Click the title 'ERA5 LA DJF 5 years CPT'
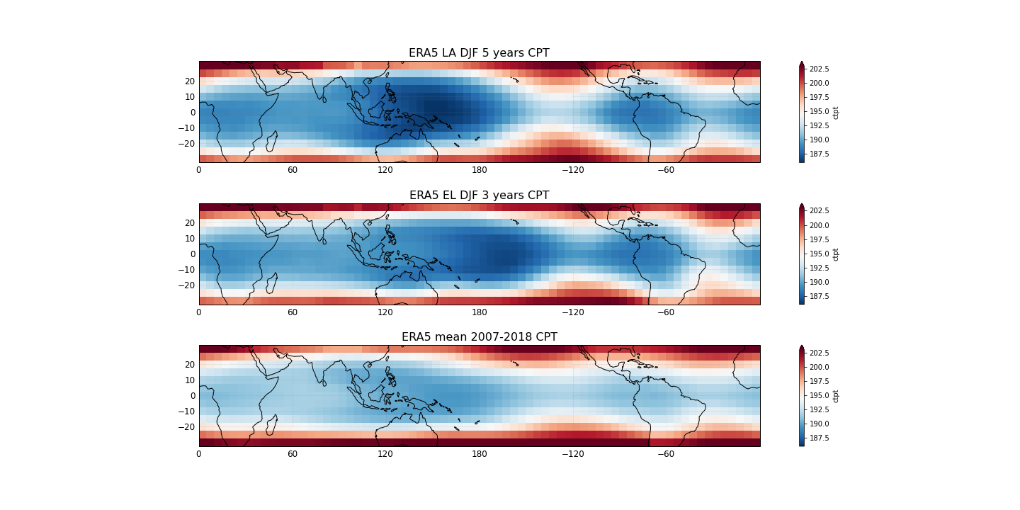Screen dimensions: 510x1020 479,53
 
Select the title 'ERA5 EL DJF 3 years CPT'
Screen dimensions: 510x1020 479,195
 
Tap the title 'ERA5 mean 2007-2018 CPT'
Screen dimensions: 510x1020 479,337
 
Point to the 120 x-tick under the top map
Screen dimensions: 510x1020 385,170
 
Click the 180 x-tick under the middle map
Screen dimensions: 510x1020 480,312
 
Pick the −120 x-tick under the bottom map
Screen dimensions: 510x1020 572,454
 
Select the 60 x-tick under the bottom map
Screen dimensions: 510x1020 292,454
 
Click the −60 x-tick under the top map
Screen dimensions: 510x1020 666,170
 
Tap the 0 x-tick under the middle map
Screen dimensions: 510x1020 199,312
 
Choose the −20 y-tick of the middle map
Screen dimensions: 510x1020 187,285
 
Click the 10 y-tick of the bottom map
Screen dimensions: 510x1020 190,380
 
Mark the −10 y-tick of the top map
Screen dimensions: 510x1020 187,127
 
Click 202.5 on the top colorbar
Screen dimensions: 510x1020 820,69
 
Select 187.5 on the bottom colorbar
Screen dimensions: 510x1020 820,438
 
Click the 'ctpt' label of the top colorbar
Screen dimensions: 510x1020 836,112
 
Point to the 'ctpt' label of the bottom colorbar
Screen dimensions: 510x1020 836,396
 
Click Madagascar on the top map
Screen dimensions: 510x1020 271,141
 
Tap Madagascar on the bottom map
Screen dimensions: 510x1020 271,425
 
